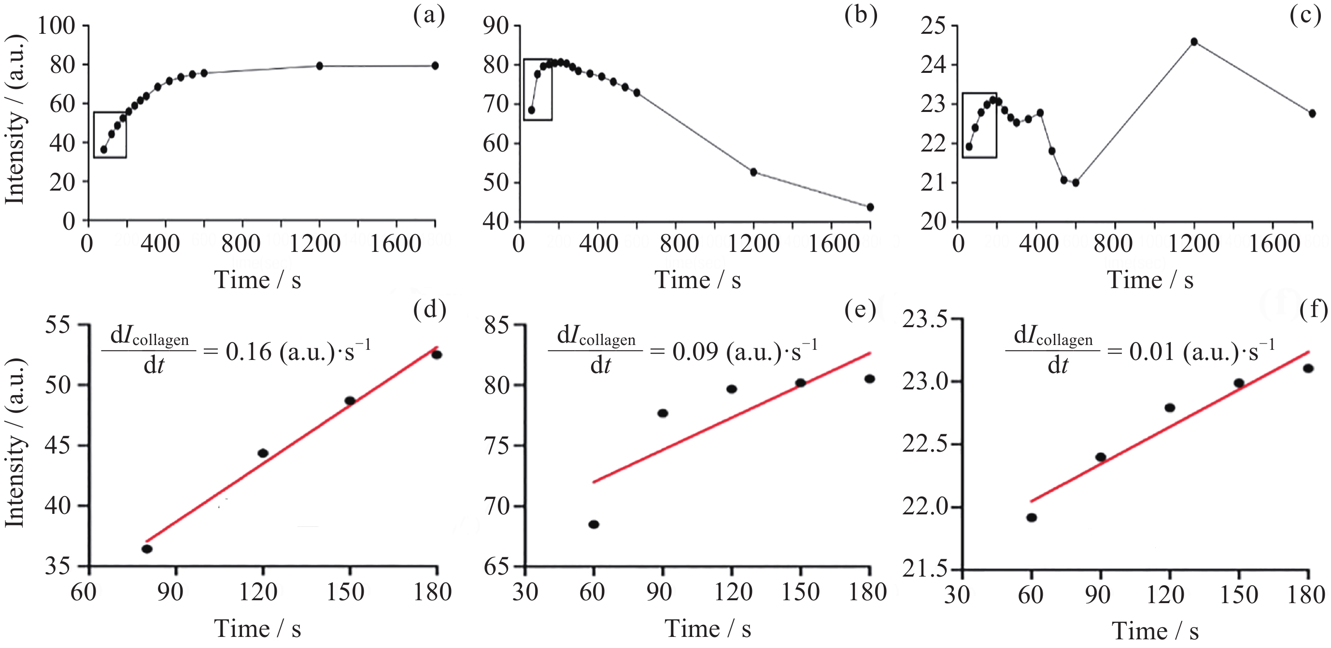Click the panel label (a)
coord(429,15)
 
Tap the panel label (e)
coord(860,310)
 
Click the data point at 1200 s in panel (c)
coord(1193,42)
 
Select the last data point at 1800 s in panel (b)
coord(870,207)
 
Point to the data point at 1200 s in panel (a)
coord(319,66)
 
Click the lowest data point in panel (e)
coord(594,524)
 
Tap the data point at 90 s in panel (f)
coord(1101,457)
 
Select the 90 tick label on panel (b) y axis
coord(496,26)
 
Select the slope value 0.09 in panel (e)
coord(695,352)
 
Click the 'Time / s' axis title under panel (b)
coord(697,280)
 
